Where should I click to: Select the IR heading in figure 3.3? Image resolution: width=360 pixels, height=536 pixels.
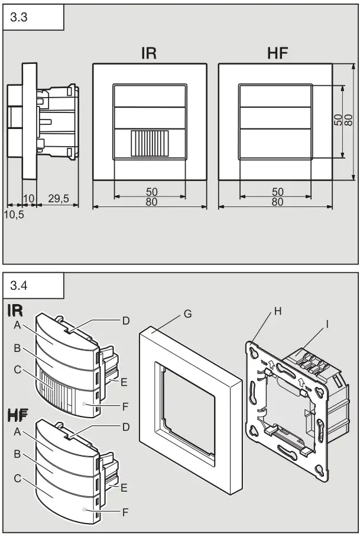[149, 54]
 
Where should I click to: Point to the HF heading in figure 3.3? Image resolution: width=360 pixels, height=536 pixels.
[277, 54]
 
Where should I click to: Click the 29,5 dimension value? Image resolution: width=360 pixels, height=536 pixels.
[59, 199]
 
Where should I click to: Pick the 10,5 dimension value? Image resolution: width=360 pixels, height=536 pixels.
[15, 215]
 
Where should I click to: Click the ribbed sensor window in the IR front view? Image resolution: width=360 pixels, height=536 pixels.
[150, 144]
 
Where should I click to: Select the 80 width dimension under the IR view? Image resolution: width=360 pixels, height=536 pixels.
[149, 202]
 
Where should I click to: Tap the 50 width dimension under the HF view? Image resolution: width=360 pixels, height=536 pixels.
[276, 192]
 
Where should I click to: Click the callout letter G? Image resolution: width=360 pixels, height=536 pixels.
[187, 314]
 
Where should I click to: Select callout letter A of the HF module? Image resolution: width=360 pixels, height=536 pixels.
[18, 432]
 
